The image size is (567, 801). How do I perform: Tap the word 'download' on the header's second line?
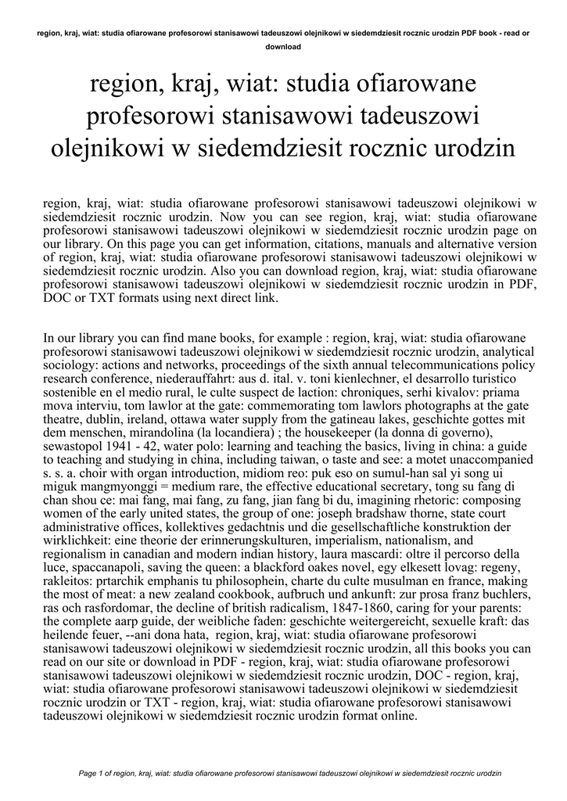[283, 46]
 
